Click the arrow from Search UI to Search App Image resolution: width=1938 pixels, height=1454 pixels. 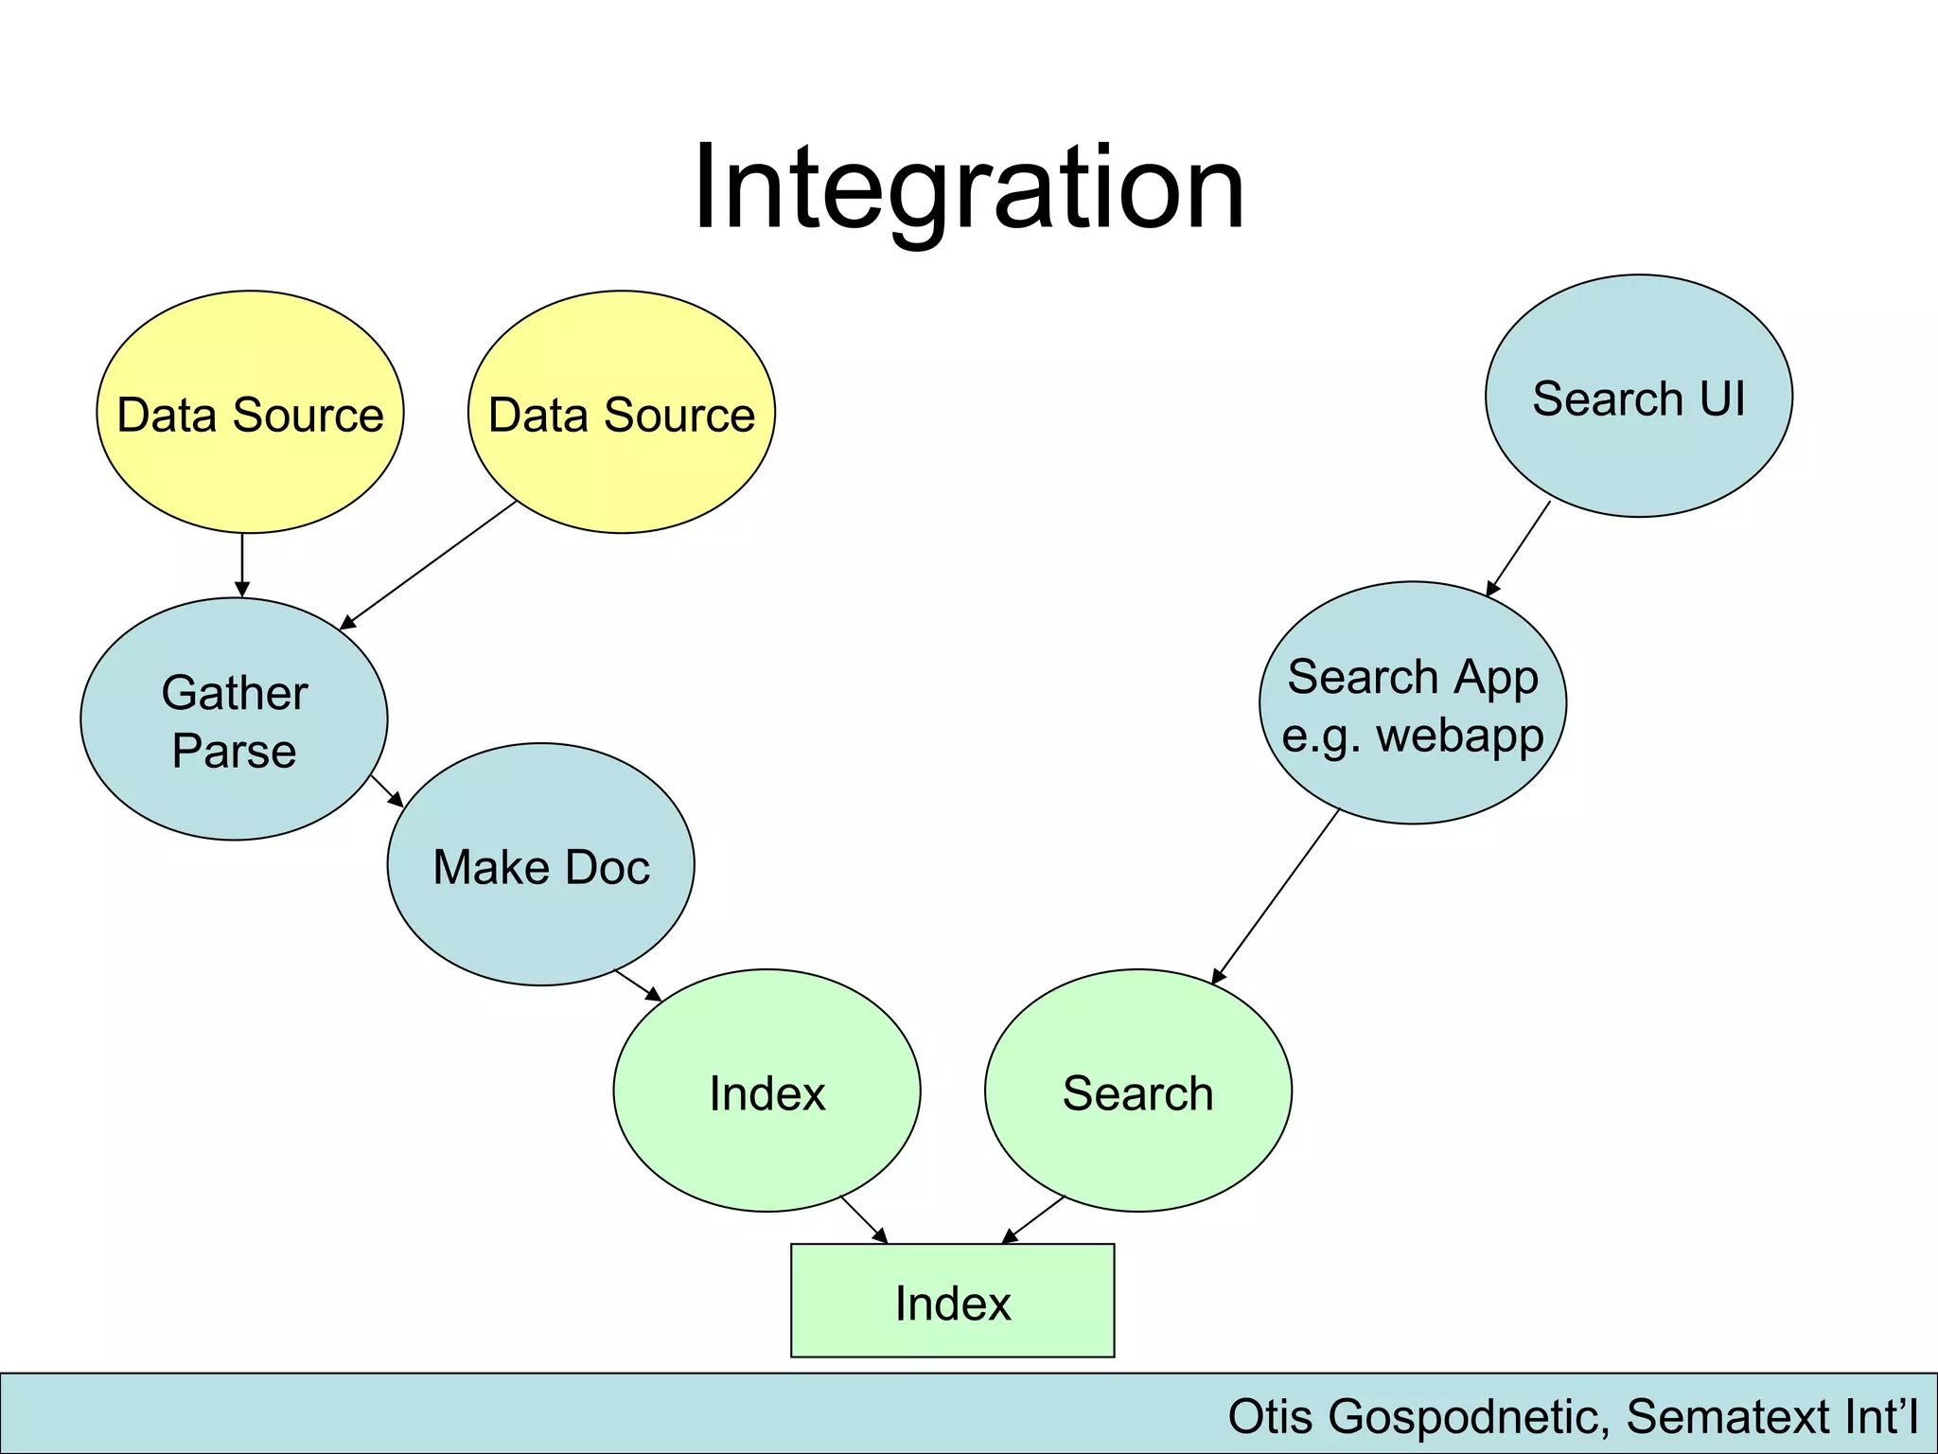pos(1518,549)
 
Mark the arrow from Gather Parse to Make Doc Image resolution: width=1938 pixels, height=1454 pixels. pos(386,790)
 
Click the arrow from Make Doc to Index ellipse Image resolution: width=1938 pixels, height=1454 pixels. pos(638,984)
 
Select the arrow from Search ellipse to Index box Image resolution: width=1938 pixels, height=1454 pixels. pos(1033,1220)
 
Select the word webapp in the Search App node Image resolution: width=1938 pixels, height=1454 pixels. pos(1459,736)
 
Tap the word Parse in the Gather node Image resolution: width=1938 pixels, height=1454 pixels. pos(234,752)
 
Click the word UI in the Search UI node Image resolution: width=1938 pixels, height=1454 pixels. pos(1722,399)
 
